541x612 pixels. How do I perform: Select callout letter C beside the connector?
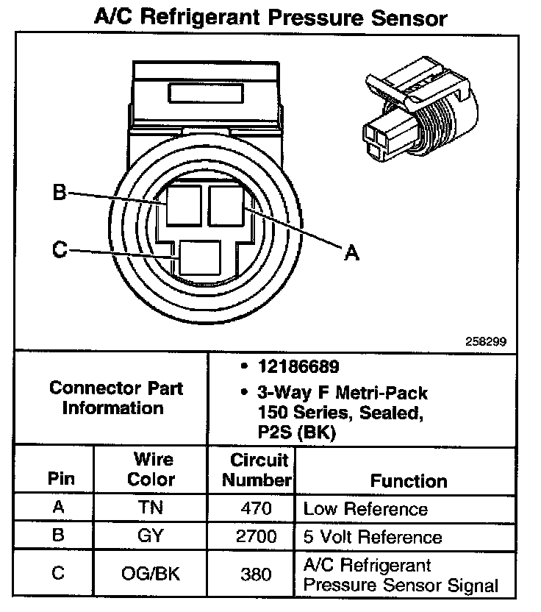pos(60,250)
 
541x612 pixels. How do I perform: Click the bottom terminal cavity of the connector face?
pos(200,258)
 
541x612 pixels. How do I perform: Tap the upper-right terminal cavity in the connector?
pos(227,204)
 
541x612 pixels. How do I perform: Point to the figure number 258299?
pos(486,341)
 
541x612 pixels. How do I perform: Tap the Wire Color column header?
pos(152,469)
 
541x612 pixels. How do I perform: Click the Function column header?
pos(408,481)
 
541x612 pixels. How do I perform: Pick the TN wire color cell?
pos(151,508)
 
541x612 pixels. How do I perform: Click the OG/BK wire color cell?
pos(151,573)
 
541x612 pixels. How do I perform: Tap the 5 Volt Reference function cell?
pos(373,537)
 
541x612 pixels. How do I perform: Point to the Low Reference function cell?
pos(365,508)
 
